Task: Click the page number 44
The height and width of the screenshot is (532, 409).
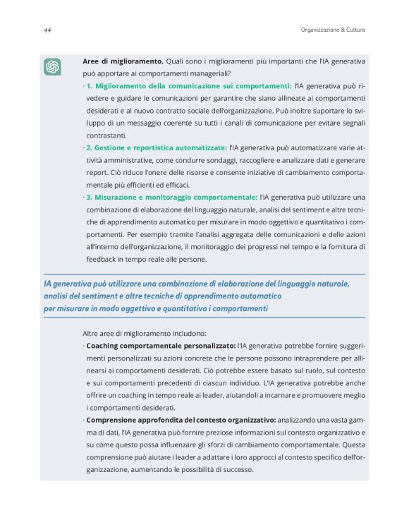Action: click(47, 30)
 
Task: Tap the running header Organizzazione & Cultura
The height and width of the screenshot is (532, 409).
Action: click(327, 30)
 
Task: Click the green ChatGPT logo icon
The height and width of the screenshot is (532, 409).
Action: click(52, 67)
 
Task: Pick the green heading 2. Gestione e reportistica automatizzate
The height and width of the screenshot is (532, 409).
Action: click(156, 148)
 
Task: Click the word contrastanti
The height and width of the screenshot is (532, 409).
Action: click(106, 135)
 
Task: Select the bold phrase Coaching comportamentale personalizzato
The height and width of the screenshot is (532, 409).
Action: click(161, 346)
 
